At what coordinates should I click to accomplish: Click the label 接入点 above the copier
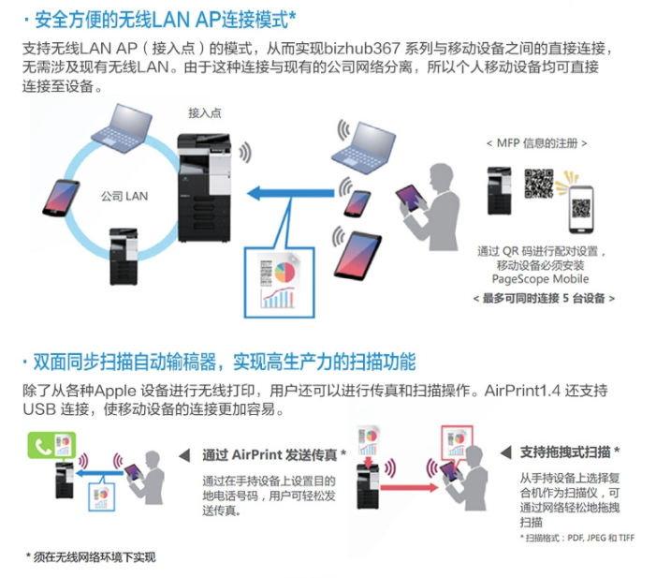pyautogui.click(x=204, y=112)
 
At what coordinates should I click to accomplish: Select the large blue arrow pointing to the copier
pyautogui.click(x=291, y=194)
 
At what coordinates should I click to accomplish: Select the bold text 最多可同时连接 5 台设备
pyautogui.click(x=544, y=297)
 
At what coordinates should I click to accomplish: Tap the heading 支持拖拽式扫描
pyautogui.click(x=570, y=452)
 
